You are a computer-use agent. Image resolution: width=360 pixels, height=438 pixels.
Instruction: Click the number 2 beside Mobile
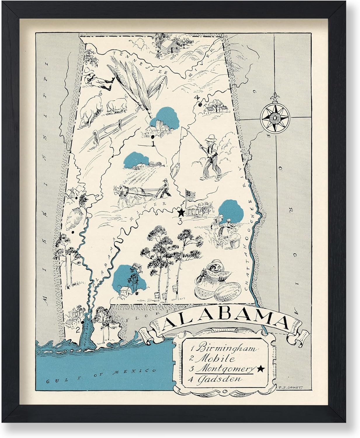pyautogui.click(x=78, y=330)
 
